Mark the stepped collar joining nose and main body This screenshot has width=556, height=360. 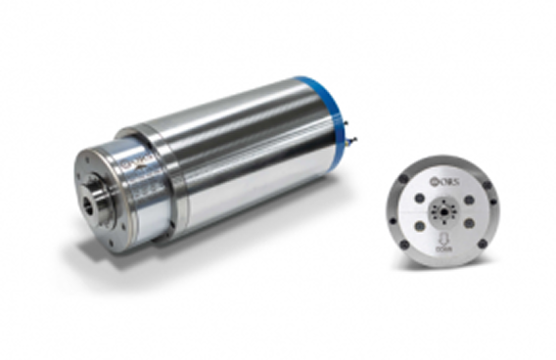click(x=157, y=181)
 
